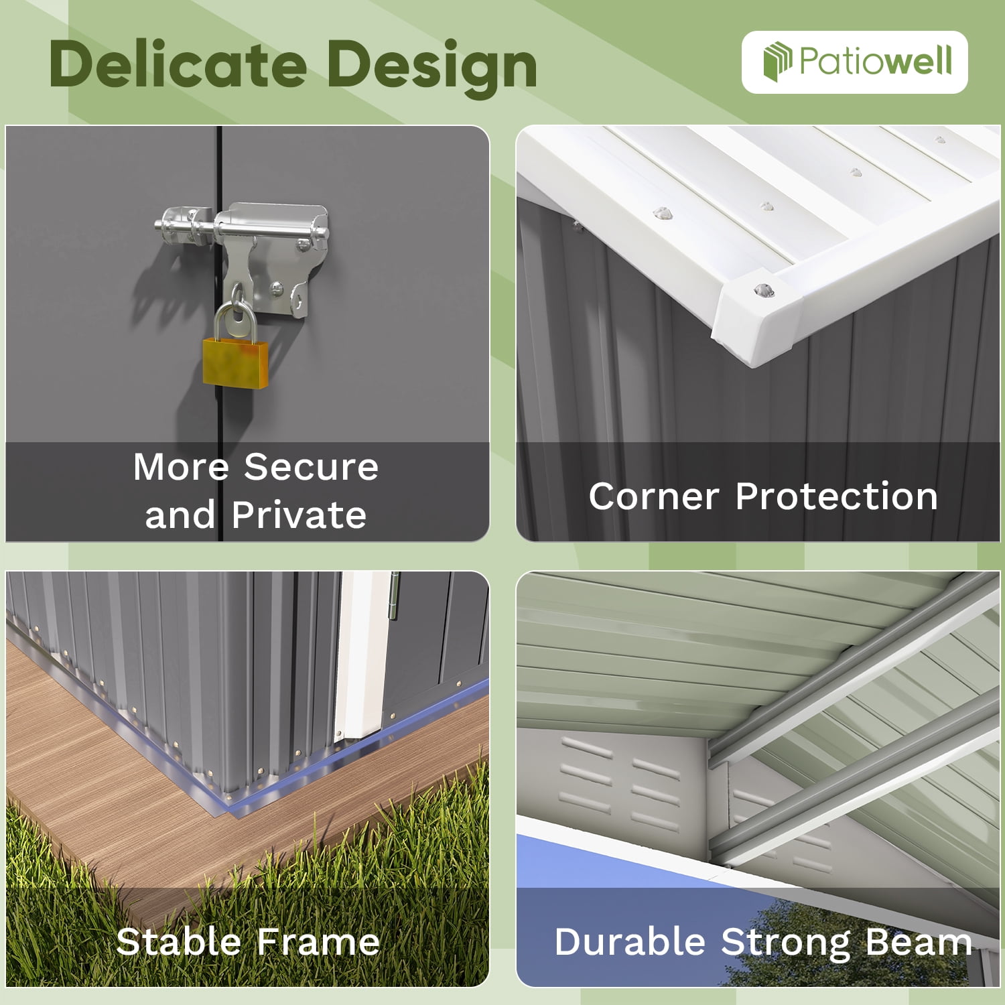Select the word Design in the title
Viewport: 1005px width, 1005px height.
click(432, 68)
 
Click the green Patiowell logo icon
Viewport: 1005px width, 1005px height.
click(777, 61)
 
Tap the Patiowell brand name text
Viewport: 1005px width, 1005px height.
click(876, 61)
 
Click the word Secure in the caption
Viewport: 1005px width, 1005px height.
click(311, 466)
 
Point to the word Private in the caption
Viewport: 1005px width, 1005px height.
click(299, 515)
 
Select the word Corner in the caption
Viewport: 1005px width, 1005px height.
click(654, 496)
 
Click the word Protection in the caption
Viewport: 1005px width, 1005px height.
click(837, 496)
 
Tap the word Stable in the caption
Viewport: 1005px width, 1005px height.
click(178, 941)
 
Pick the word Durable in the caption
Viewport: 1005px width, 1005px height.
click(630, 941)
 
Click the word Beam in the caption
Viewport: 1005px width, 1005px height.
click(919, 941)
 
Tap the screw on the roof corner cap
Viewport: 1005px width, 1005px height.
click(763, 291)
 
